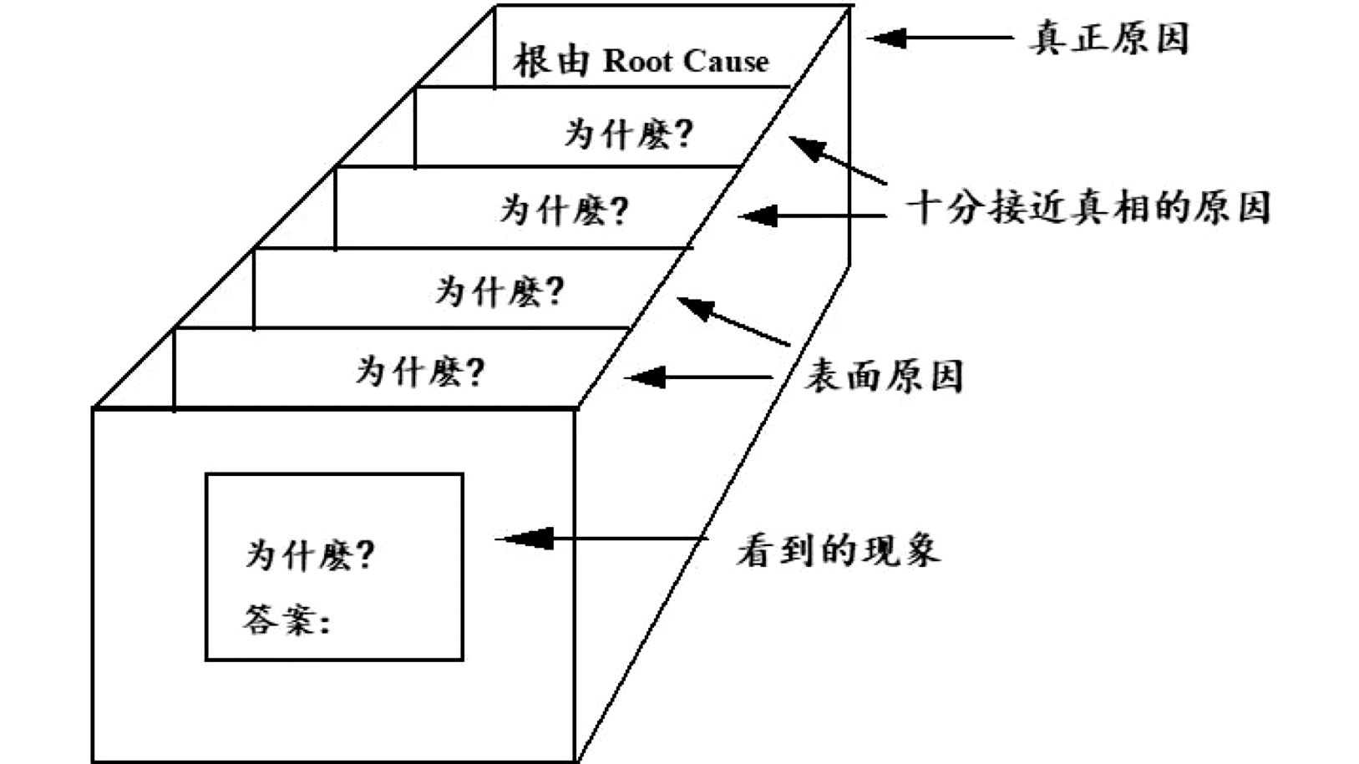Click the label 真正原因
(1108, 38)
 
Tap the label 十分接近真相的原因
(1088, 208)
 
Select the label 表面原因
(883, 377)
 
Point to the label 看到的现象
(838, 550)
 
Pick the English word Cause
(726, 61)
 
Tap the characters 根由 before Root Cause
(551, 61)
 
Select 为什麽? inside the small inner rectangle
(309, 554)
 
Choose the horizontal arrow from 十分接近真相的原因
(812, 216)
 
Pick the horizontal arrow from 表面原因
(698, 377)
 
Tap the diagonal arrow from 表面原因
(733, 321)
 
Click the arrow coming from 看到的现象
(601, 539)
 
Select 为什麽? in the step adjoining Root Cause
(628, 134)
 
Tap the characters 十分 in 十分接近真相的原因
(946, 208)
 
